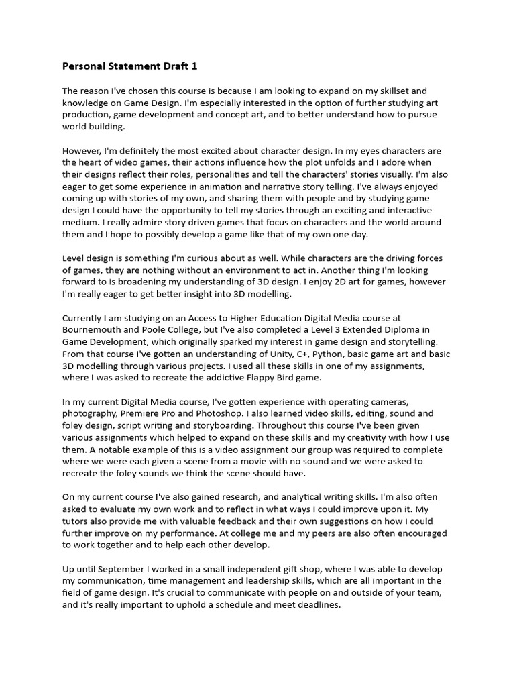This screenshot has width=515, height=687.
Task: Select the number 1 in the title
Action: (194, 66)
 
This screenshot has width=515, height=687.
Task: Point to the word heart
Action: (92, 162)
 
